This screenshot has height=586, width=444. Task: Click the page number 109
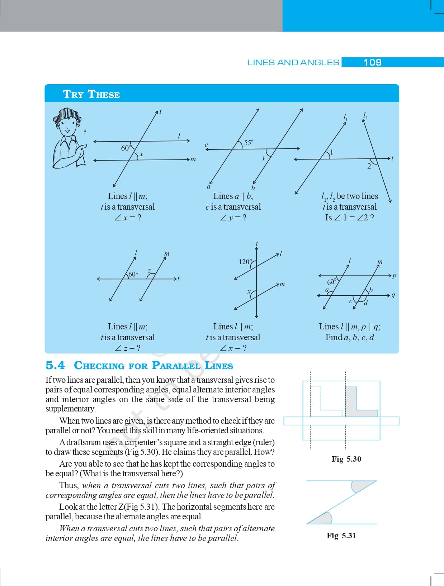372,62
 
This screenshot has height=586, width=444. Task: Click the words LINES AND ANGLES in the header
293,62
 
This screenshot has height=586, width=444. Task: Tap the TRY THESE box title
91,94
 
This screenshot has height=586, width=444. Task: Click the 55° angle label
248,143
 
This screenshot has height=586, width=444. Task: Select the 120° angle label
245,262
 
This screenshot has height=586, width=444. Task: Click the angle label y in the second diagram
264,158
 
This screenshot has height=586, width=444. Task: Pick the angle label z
149,271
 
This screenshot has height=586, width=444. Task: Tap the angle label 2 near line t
369,166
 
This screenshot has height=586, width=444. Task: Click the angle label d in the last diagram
366,304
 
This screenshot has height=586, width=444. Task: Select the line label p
394,276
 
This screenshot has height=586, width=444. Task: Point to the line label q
393,295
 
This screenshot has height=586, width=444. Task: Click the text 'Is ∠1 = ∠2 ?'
349,218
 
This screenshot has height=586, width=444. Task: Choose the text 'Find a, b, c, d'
350,337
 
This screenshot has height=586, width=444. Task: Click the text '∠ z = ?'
128,348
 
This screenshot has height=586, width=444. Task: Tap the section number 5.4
55,365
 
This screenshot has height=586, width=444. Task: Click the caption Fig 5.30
346,459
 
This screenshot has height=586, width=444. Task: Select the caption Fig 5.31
341,536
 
